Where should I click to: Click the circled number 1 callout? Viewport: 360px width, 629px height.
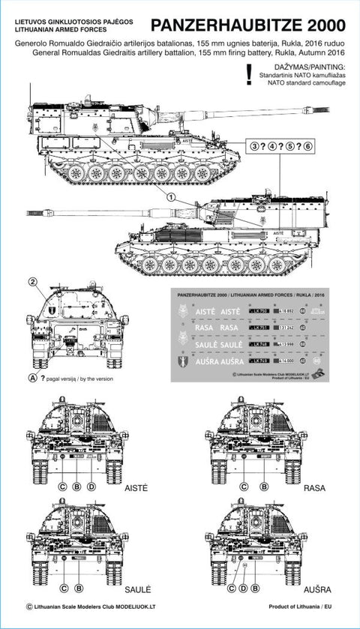click(171, 196)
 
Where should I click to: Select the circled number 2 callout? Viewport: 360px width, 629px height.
click(33, 282)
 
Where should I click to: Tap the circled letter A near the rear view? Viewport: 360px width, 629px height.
click(33, 376)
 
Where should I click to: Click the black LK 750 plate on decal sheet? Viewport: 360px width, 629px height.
click(258, 310)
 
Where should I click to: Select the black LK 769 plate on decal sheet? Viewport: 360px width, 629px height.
click(258, 361)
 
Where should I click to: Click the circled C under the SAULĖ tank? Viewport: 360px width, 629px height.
click(64, 589)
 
